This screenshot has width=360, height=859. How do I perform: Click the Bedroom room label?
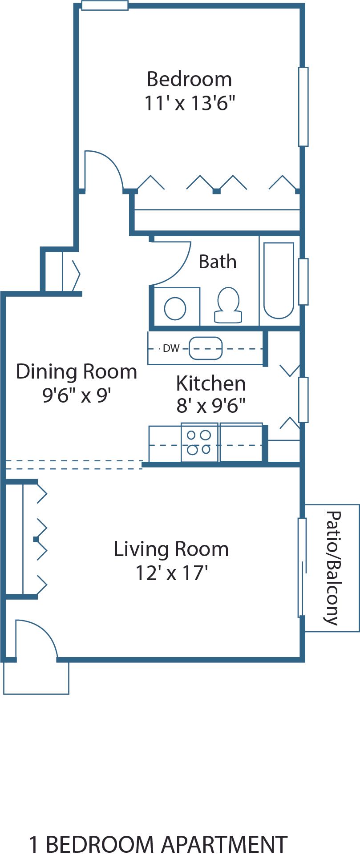coord(189,80)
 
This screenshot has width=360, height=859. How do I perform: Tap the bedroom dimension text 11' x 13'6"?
coord(189,104)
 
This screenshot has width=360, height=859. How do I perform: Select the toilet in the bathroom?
coord(228,305)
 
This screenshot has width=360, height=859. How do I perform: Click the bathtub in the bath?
coord(279,281)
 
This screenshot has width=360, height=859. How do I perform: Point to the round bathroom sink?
coord(175,308)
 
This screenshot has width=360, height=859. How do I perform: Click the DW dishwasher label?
coord(171,348)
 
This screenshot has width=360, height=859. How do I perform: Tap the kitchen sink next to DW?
coord(205,348)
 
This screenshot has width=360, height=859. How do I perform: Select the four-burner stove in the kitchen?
coord(199,442)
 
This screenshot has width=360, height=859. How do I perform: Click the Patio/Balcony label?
coord(333,568)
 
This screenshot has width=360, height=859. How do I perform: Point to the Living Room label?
coord(171,549)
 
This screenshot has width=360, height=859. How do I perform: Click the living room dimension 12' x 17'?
coord(171,573)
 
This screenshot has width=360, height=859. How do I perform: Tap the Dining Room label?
coord(77,371)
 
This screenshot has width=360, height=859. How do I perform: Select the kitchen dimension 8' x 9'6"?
coord(211,406)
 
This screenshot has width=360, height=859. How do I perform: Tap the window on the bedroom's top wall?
coord(105,6)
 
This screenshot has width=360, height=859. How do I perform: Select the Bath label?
coord(217,262)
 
